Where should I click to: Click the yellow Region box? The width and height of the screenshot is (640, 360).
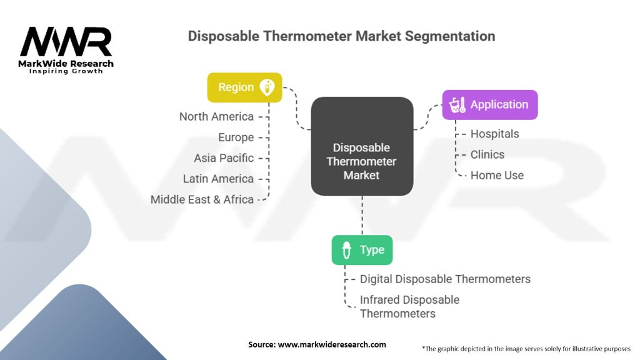point(244,87)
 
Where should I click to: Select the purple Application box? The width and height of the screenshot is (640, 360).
point(489,105)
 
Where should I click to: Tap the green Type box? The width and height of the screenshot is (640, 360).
point(362,250)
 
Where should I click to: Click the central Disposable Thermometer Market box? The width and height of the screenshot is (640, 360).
point(362,161)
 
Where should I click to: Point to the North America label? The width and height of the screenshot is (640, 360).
point(216,117)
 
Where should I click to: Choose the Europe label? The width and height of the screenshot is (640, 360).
point(236,137)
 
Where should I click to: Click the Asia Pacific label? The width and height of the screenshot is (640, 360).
point(224,158)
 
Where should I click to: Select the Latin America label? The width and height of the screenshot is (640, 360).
point(218,179)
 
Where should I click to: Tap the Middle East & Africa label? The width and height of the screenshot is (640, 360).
point(202,199)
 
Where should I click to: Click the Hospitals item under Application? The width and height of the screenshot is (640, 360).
point(494,134)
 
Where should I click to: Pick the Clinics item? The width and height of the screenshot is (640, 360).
point(487,154)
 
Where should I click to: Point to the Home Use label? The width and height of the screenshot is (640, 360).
point(497,175)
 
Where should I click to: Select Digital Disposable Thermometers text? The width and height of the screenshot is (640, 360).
point(445,279)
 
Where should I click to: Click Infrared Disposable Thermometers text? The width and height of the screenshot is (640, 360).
point(409,306)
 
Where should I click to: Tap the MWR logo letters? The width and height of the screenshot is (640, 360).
point(66,42)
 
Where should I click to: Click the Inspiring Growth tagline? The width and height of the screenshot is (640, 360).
point(66,71)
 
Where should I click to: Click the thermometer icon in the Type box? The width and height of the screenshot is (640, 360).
point(346,250)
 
